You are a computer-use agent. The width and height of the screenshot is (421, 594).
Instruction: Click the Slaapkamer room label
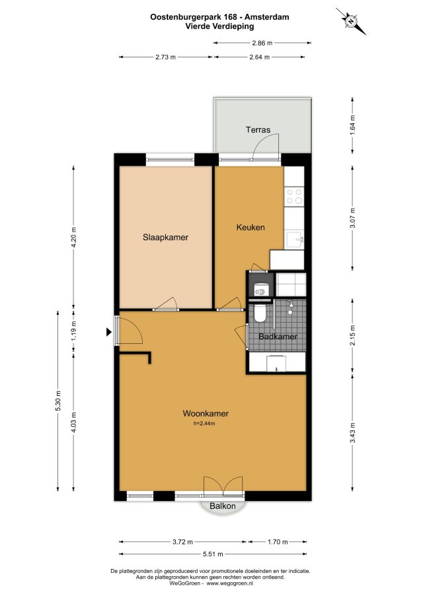[165, 238]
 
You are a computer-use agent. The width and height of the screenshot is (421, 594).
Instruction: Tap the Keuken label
[250, 227]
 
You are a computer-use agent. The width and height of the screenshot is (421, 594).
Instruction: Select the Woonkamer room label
[206, 413]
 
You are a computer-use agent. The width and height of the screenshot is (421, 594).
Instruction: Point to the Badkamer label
[278, 337]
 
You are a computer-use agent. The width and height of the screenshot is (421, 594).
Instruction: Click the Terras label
[258, 130]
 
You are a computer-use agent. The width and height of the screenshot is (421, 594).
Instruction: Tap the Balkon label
[223, 506]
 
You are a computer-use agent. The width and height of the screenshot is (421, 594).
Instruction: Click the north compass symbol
[351, 21]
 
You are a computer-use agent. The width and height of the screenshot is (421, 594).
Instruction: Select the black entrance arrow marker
[109, 332]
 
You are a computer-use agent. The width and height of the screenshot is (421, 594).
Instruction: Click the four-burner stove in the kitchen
[294, 196]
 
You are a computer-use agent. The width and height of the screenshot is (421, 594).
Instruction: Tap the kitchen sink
[295, 240]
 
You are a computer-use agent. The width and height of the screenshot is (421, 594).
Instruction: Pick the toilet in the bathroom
[260, 313]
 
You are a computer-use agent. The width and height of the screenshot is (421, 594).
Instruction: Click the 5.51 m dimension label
[213, 554]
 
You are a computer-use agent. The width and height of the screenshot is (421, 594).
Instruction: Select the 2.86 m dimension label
[262, 43]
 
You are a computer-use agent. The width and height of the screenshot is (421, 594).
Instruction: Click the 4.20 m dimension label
[73, 237]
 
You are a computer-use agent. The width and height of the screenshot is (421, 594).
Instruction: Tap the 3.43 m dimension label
[352, 433]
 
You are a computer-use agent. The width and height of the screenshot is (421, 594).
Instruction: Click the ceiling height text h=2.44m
[204, 424]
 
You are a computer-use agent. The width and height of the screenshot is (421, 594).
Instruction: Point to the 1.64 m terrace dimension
[352, 125]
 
